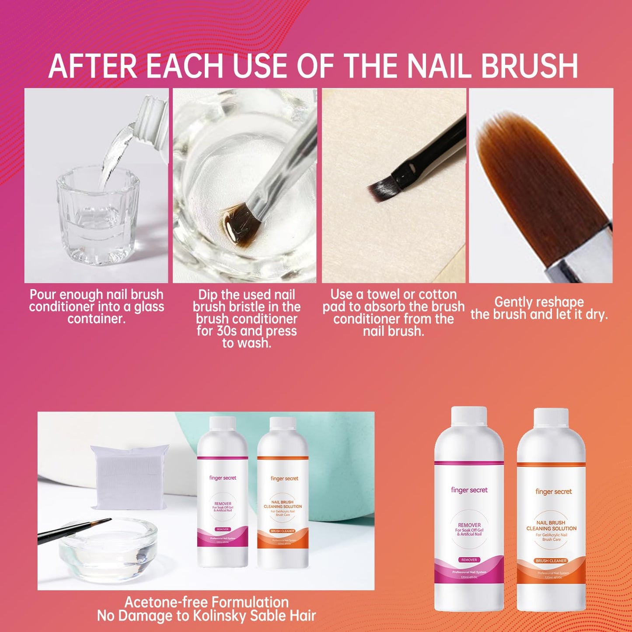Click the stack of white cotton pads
click(x=129, y=477)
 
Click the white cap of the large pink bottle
click(x=469, y=417)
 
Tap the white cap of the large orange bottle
click(x=552, y=419)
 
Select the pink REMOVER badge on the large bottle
click(x=469, y=560)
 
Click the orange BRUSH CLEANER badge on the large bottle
click(x=551, y=561)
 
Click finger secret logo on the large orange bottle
click(x=553, y=492)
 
